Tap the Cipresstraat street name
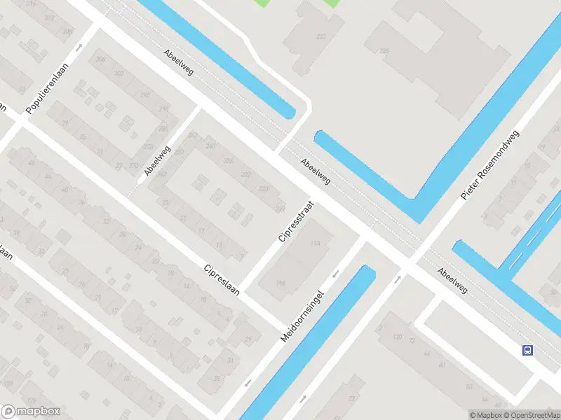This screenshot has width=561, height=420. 295,221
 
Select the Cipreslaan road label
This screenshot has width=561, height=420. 222,279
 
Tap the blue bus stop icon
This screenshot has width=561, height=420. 527,351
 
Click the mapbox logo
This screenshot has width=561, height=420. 31,412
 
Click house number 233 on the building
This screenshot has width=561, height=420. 321,37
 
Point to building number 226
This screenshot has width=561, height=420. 384,50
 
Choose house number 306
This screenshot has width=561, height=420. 100,59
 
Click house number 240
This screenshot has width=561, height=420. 210,146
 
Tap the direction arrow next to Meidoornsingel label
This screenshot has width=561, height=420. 337,274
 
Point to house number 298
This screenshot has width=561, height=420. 145,95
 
